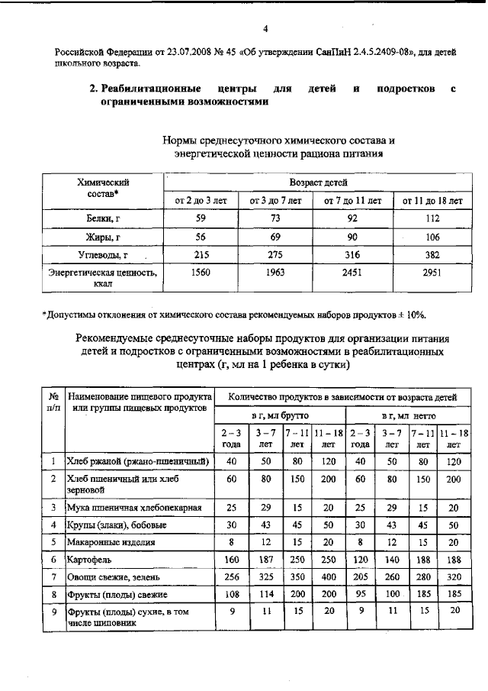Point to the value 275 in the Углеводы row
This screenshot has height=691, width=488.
(276, 254)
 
